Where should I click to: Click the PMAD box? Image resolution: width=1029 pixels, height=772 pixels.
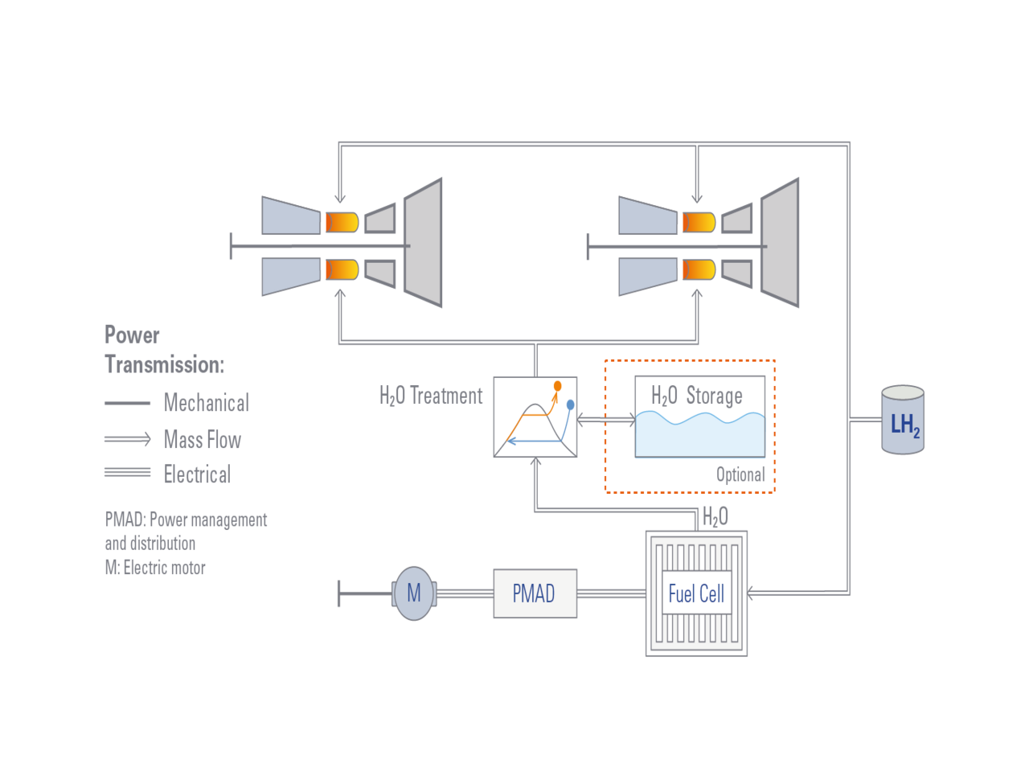click(x=535, y=593)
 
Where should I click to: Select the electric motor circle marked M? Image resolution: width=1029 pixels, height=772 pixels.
click(x=413, y=593)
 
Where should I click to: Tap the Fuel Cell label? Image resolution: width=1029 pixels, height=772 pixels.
click(x=696, y=594)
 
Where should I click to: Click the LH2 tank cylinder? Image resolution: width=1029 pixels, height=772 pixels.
click(x=903, y=421)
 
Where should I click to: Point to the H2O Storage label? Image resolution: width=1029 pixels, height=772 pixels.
click(x=696, y=395)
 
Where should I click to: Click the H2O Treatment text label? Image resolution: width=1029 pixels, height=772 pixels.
click(x=431, y=396)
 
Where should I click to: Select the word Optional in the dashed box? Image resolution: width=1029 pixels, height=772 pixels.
click(x=740, y=474)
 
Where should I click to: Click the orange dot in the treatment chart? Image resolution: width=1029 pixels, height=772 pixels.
click(x=557, y=386)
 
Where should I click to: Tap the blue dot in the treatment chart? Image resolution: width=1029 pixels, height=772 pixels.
click(x=571, y=404)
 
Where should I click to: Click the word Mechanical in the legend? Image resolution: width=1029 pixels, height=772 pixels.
click(x=207, y=402)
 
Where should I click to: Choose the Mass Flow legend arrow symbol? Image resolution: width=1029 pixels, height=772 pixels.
click(x=128, y=439)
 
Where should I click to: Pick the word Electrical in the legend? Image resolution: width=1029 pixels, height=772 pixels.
click(x=198, y=474)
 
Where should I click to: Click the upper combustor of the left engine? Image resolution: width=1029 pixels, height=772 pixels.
click(x=342, y=222)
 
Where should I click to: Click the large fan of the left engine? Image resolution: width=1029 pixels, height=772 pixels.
click(x=424, y=243)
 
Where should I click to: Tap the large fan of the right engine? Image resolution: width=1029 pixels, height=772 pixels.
click(x=781, y=243)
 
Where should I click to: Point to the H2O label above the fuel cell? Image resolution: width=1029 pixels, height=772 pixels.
click(x=715, y=516)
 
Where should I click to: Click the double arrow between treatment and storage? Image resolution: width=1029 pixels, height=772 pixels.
click(x=605, y=419)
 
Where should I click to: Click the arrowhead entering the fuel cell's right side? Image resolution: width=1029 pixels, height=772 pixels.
click(x=751, y=594)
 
